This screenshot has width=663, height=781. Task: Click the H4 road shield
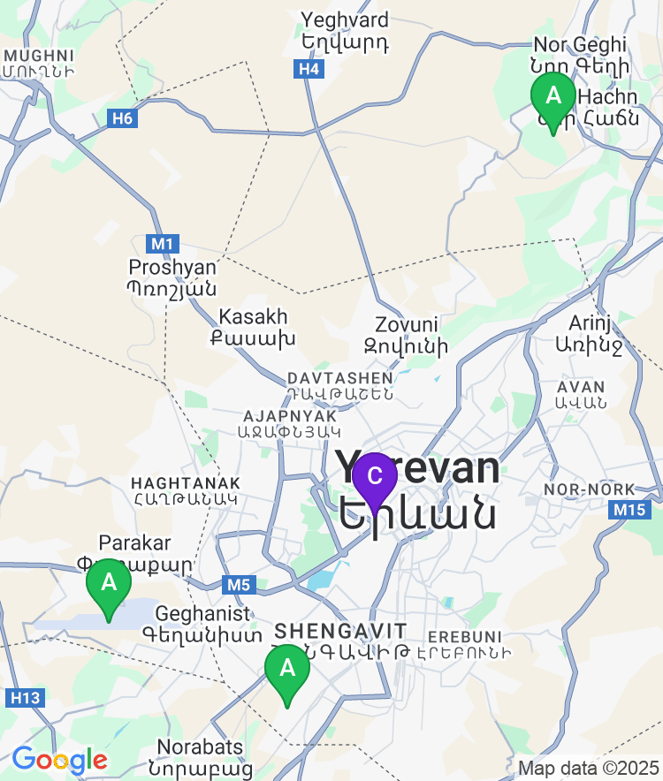(309, 69)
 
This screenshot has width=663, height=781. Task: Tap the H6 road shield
(123, 117)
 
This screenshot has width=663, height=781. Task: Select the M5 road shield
(239, 584)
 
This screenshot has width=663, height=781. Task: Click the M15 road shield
(629, 510)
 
